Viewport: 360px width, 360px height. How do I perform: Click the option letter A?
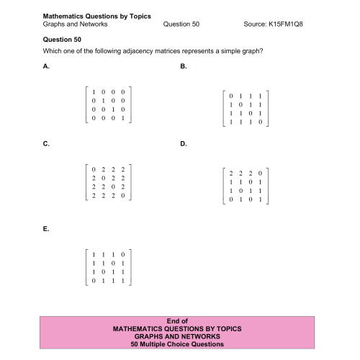pos(46,66)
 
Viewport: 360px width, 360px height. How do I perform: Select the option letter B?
pos(183,66)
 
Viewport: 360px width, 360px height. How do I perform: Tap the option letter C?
pos(46,144)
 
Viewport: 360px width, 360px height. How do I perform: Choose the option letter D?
pos(183,144)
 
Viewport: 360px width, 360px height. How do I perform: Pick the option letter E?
pos(46,228)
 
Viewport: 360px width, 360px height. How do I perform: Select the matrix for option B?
pos(246,109)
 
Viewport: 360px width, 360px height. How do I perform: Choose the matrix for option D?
pos(246,186)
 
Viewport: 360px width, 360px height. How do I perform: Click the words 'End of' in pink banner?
pos(177,321)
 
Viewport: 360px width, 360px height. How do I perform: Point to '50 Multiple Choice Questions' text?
pos(177,344)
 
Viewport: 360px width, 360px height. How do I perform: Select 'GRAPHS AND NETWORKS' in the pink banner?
pos(177,336)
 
